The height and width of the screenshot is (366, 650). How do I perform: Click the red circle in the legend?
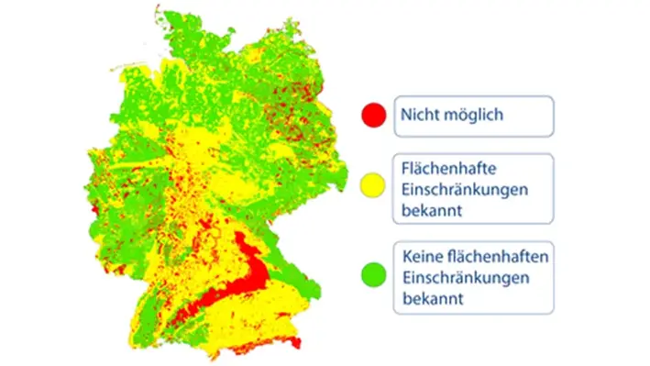tap(372, 116)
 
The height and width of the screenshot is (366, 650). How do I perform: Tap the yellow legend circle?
tap(372, 188)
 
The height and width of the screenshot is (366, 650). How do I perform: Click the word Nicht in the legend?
tap(420, 116)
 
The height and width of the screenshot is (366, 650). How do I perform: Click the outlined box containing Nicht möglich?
tap(474, 116)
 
